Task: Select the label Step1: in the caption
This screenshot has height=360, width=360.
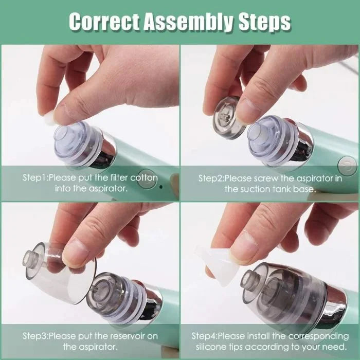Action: pyautogui.click(x=38, y=177)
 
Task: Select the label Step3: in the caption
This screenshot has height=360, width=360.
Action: pyautogui.click(x=37, y=336)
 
